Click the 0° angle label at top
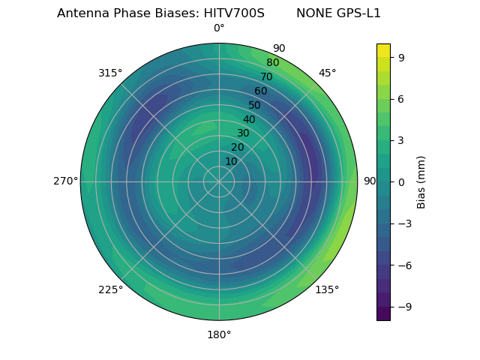pos(219,28)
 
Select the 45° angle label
pos(328,73)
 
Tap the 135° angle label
pos(327,289)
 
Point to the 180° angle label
pos(219,334)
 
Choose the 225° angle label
pos(110,289)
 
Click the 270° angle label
pos(65,181)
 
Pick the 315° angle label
pos(110,73)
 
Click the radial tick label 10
pos(231,161)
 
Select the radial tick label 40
pos(249,119)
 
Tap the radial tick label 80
pos(272,63)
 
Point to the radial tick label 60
pos(260,91)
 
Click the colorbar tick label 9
pos(401,57)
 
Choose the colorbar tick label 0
pos(401,181)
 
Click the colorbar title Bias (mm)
pos(421,181)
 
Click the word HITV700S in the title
pos(234,13)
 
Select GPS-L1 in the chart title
pos(356,13)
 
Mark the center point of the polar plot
pos(219,181)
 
